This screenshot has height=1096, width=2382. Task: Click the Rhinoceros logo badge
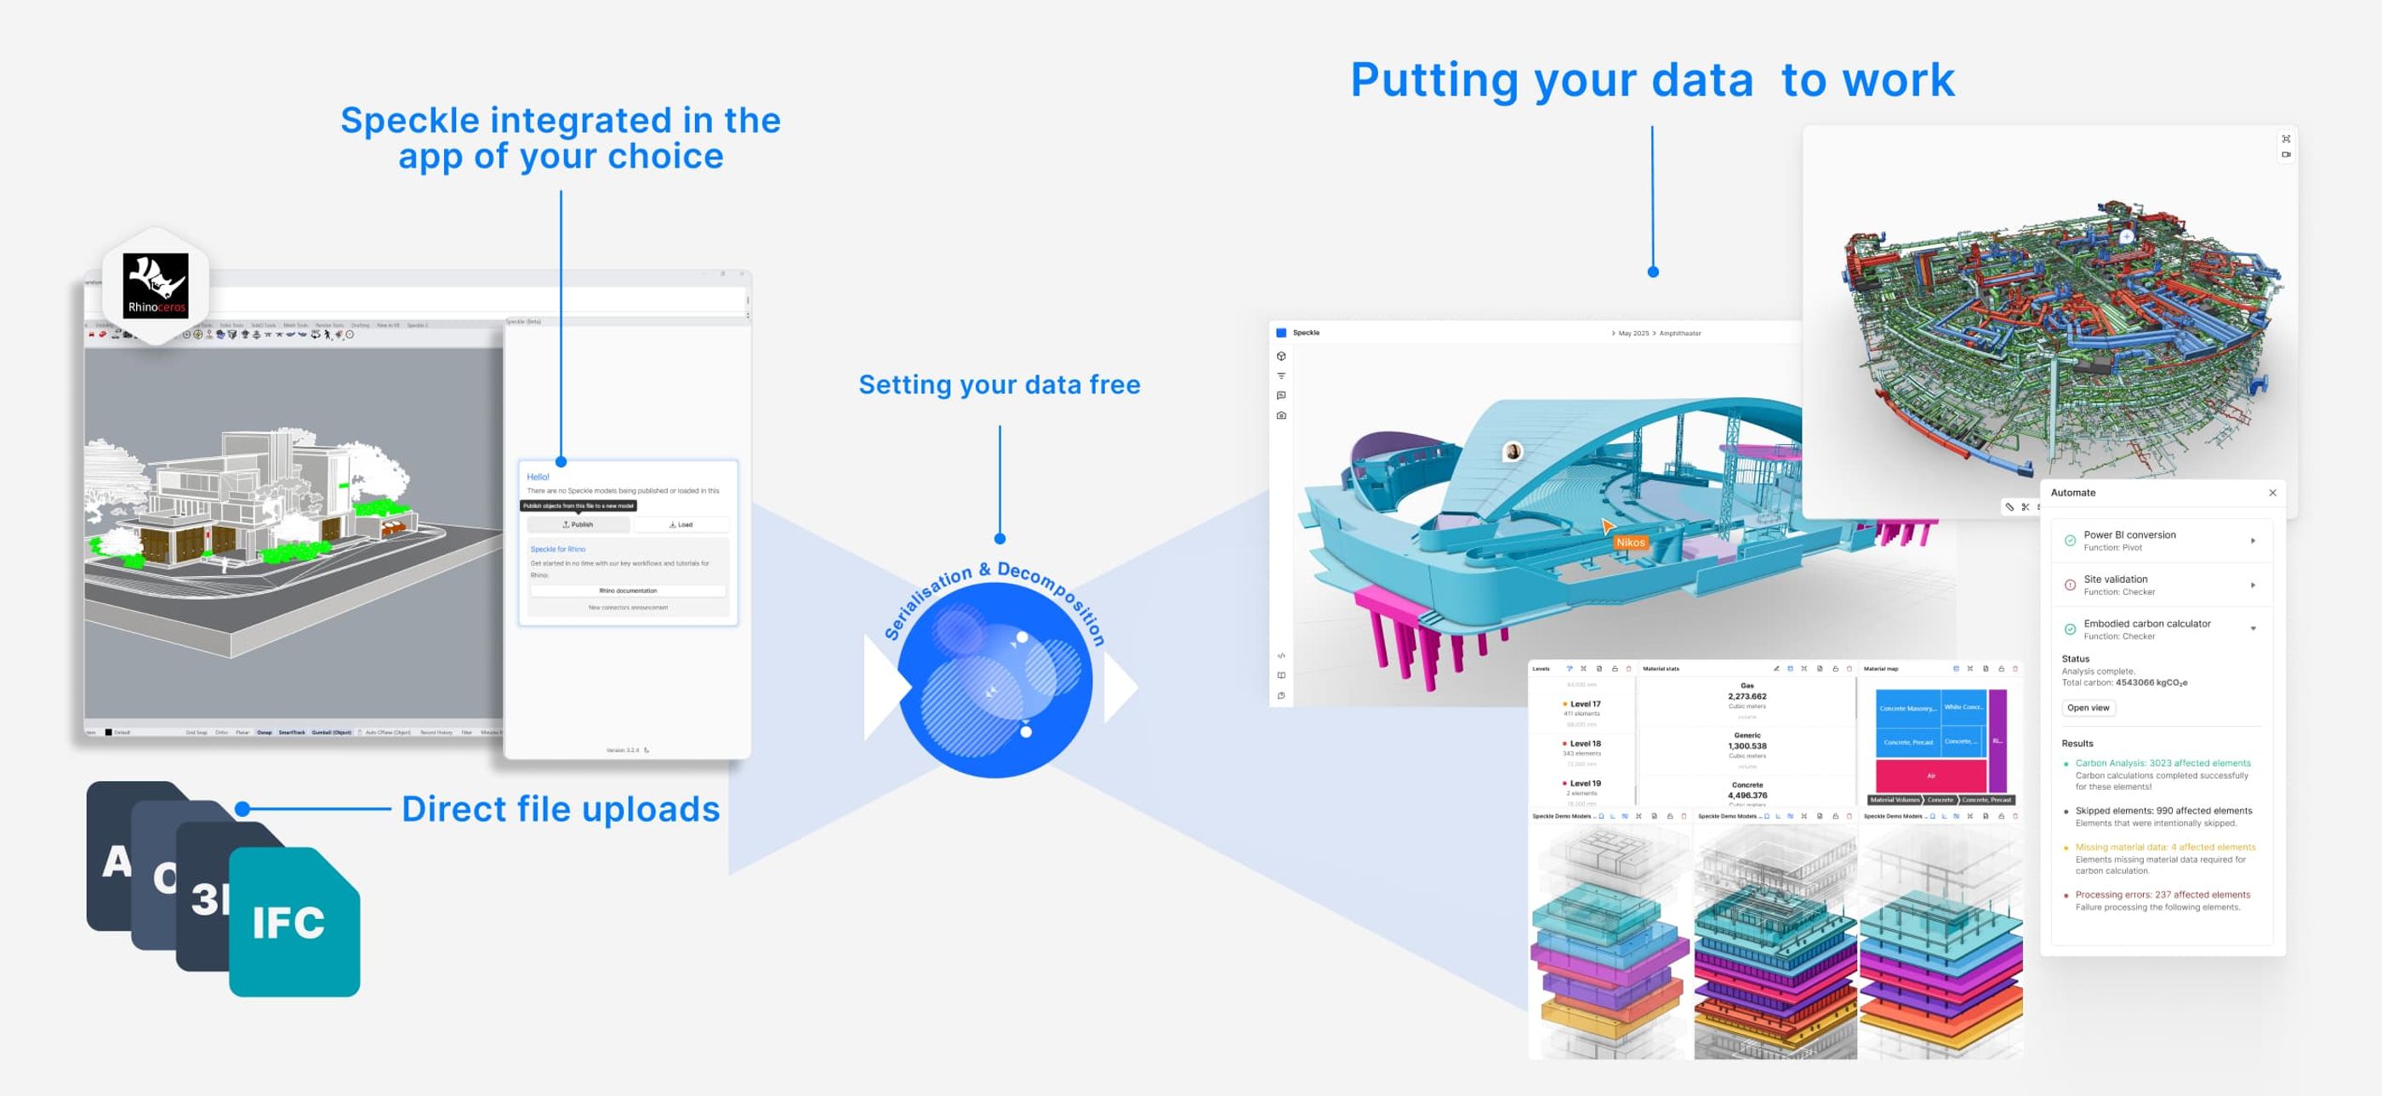[156, 286]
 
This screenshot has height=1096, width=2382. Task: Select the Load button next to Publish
[681, 524]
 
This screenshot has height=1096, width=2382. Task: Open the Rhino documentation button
[628, 590]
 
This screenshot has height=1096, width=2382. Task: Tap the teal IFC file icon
[294, 922]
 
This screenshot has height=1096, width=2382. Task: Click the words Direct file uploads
[561, 809]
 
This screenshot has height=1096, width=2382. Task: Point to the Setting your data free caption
[999, 385]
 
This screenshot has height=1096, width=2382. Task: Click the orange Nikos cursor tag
[1630, 542]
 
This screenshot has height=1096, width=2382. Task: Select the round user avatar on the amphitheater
[1513, 451]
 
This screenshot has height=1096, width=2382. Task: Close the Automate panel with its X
[2272, 493]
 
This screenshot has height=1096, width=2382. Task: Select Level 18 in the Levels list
[1584, 744]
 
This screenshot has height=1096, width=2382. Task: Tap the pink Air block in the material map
[1931, 776]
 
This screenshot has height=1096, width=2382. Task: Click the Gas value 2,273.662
[1747, 696]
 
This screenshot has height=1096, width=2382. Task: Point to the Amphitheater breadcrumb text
[1679, 333]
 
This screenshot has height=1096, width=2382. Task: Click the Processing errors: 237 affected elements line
[2162, 894]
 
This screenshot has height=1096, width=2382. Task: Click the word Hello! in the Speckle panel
[538, 477]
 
